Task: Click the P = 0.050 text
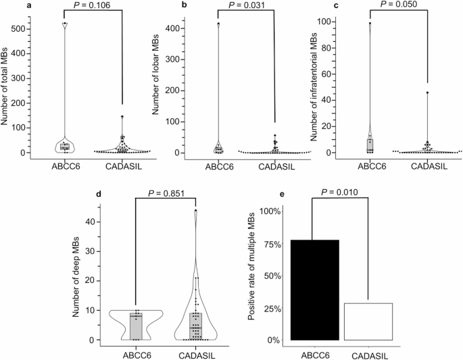399,5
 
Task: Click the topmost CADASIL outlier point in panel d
195,211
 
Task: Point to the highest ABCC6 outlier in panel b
218,24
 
